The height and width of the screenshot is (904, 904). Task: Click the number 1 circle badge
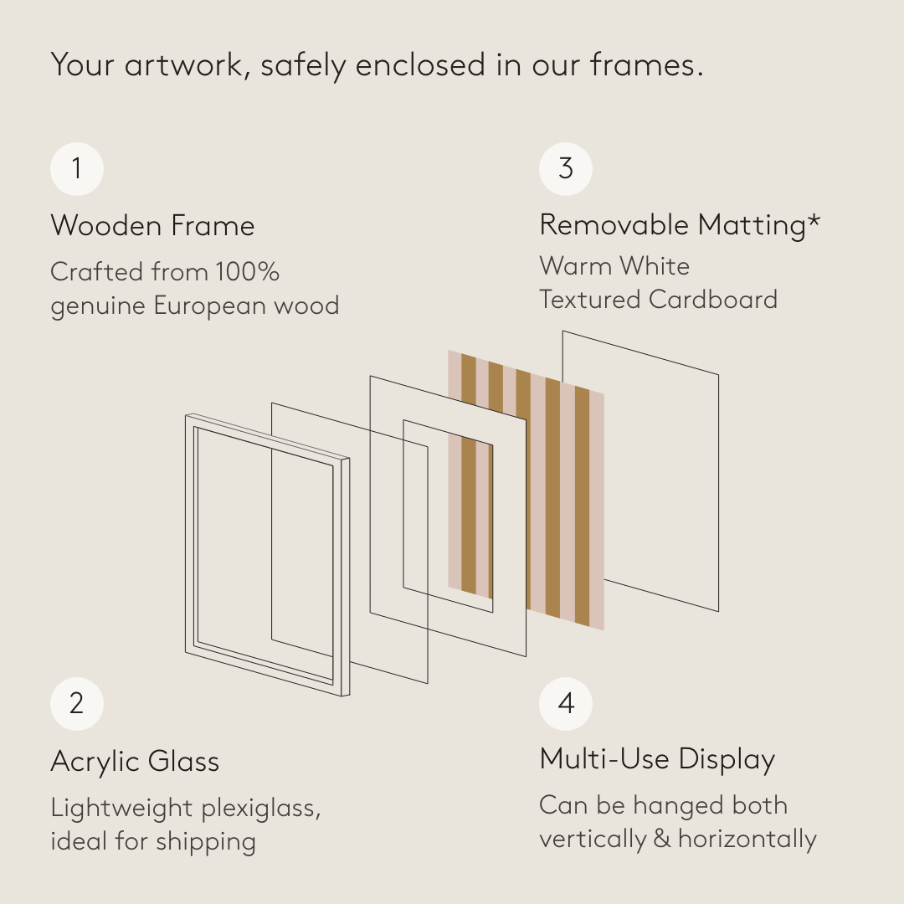coord(77,169)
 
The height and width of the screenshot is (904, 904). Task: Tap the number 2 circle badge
coord(77,704)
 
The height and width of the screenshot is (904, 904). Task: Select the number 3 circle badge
coord(566,169)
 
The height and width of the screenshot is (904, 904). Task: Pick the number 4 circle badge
coord(566,704)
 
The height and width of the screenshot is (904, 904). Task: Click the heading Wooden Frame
coord(153,225)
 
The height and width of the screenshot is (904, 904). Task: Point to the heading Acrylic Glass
coord(135,761)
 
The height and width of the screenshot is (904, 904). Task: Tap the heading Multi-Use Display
coord(657,759)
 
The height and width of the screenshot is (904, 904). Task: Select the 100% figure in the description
coord(247,271)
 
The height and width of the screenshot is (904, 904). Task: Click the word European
coord(210,306)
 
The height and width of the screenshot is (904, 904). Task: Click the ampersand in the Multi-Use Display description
coord(662,839)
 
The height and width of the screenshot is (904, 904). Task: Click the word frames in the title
coord(642,64)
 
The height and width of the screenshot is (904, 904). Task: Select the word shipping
coord(206,842)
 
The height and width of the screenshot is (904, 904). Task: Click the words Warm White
coord(614,266)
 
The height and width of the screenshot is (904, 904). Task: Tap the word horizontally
coord(747,839)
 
